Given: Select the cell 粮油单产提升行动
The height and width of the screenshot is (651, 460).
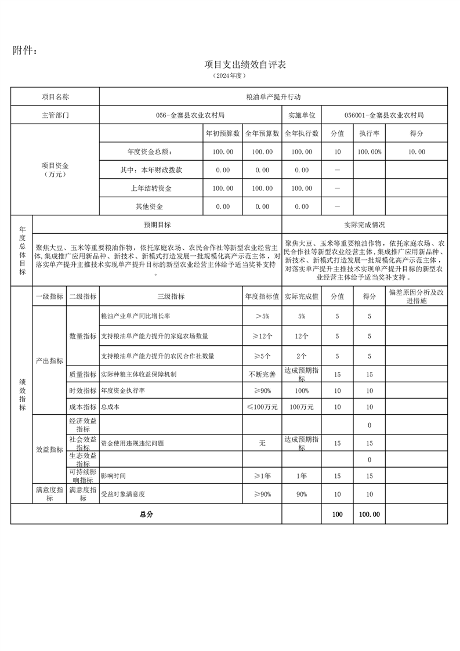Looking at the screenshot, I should [273, 97].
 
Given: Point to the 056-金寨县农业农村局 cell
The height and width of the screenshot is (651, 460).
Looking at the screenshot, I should [190, 115].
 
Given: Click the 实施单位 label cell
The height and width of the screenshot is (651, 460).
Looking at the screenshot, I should [301, 115].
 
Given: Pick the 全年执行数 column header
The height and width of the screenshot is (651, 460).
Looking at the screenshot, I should [301, 133].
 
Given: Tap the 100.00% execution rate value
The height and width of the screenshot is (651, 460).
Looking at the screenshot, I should [369, 151].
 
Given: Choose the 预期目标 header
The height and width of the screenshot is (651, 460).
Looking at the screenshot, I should [157, 225].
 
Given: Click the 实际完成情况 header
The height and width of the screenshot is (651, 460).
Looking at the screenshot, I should [364, 225].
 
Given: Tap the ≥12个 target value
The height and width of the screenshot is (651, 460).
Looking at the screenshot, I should [262, 336].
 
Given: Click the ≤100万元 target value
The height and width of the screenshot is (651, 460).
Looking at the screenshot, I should [262, 407].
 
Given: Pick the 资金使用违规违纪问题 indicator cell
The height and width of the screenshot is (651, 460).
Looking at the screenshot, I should [132, 443].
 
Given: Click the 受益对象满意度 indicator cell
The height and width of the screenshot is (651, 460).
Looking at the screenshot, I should [122, 494].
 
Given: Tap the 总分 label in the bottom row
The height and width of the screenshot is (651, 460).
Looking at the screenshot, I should [146, 514].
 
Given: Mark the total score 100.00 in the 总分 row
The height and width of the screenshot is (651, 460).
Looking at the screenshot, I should [369, 514].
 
